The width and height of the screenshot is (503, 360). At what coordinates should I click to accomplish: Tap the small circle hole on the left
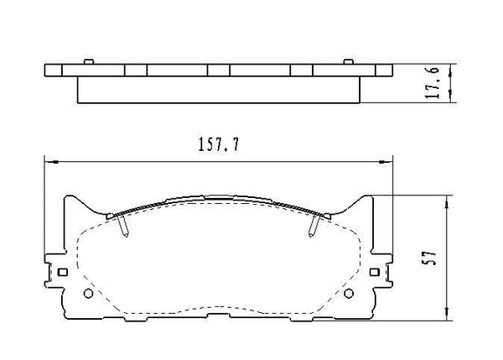(x=89, y=293)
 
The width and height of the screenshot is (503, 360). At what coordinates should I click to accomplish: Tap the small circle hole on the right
(x=350, y=293)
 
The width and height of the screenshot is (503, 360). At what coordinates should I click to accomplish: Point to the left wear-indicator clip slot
(x=123, y=225)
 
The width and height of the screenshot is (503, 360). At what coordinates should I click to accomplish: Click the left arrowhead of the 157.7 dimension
(x=48, y=160)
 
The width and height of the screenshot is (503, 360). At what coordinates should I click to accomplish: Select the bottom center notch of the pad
(x=219, y=318)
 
